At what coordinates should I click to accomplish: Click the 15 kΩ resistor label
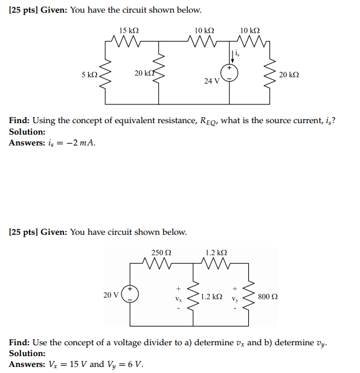tap(129, 30)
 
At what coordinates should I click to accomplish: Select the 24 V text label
tap(211, 81)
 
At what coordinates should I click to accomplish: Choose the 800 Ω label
tap(268, 296)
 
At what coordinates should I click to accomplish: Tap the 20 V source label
tap(111, 295)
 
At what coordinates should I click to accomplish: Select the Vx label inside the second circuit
tap(178, 299)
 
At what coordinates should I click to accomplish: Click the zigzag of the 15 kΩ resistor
tap(129, 42)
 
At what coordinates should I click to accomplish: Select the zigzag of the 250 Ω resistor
tap(160, 263)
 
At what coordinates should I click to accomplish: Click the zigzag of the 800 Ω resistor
tap(249, 296)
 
